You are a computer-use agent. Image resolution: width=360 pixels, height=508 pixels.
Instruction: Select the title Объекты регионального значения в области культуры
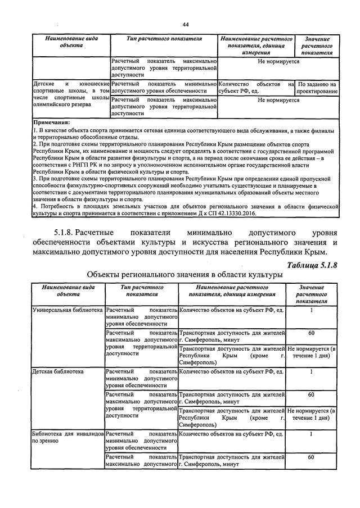click(x=184, y=275)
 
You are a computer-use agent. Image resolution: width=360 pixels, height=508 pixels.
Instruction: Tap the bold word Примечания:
click(x=52, y=122)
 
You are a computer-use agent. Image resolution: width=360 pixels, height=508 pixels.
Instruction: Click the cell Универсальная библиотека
click(x=67, y=310)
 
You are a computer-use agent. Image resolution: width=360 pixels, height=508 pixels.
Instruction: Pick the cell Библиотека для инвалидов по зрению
click(x=67, y=438)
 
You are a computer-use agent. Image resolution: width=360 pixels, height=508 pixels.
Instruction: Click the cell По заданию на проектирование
click(x=317, y=88)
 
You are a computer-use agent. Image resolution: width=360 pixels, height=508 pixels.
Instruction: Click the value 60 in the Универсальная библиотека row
click(x=311, y=333)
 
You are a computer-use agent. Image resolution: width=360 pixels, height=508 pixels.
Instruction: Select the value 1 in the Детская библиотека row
click(x=311, y=371)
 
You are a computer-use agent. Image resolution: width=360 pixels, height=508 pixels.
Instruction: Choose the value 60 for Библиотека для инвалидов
click(x=311, y=457)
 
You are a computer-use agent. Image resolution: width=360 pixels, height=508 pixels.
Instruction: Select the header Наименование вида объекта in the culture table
click(x=67, y=291)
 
